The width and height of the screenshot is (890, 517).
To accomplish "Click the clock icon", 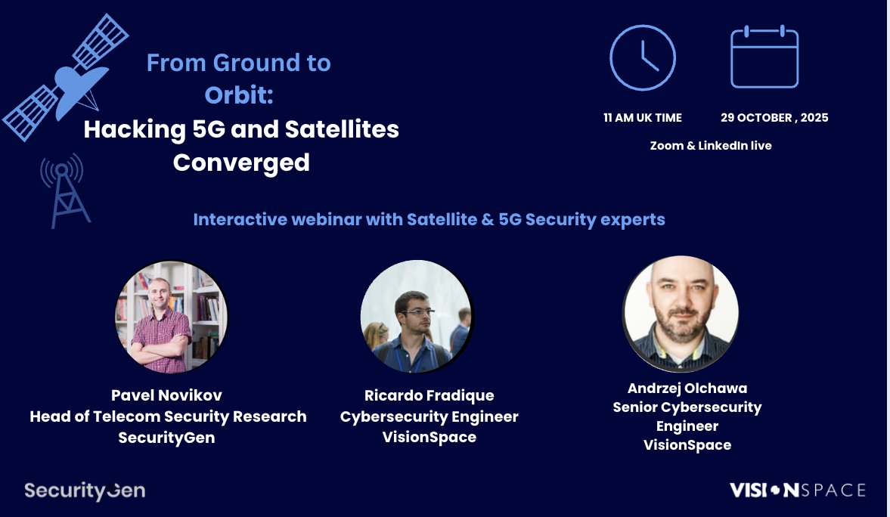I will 642,57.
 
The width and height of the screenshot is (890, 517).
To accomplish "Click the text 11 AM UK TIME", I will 642,118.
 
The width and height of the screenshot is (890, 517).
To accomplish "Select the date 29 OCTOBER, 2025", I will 774,118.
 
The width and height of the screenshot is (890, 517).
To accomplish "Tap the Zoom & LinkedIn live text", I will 711,145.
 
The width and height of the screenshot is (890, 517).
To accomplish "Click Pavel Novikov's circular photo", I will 172,317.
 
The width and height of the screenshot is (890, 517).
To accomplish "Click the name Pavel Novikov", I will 166,395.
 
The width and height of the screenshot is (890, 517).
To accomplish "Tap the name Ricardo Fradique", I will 429,395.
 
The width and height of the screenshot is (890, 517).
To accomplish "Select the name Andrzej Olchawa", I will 687,389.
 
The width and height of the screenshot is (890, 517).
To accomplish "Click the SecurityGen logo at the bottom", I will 84,491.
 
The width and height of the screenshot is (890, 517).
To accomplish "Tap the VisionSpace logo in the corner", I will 797,491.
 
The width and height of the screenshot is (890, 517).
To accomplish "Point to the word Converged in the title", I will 241,163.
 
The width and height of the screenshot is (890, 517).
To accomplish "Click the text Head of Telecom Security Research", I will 168,416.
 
